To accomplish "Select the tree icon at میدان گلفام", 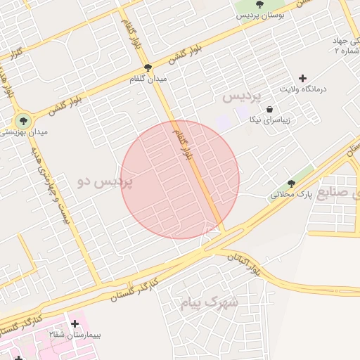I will tap(148, 67).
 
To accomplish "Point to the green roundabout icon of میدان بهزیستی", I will tap(22, 121).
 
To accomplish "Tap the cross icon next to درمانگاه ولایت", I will tap(303, 78).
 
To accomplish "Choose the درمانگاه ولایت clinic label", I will tap(303, 89).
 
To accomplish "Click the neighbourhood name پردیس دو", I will tap(105, 181).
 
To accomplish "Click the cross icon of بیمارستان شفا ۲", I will tap(75, 324).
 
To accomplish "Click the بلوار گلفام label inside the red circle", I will tap(183, 144).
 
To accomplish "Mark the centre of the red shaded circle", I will tap(180, 179).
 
